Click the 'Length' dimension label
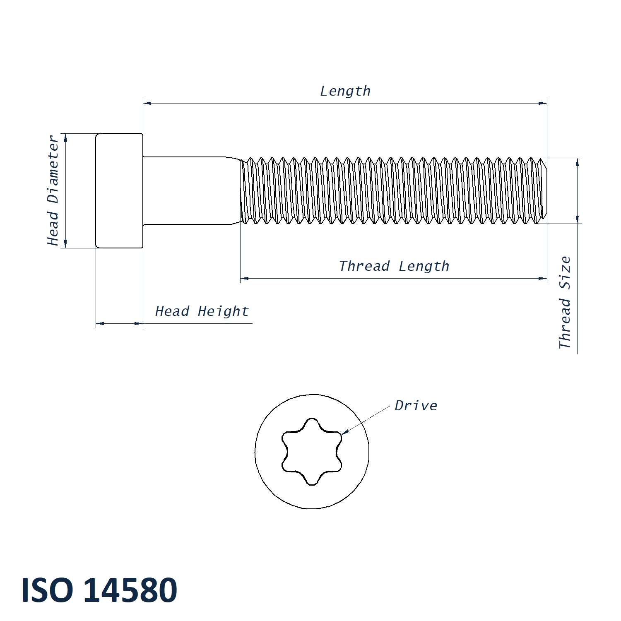(x=345, y=91)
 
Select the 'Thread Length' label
(x=394, y=266)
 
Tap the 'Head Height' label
(x=202, y=311)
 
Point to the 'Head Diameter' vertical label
(x=53, y=190)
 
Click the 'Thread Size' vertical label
(x=565, y=302)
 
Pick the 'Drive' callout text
(x=416, y=406)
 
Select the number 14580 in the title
(x=130, y=590)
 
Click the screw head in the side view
(x=119, y=190)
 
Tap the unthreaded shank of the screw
(x=190, y=190)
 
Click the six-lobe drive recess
(x=312, y=451)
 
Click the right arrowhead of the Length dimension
(x=543, y=103)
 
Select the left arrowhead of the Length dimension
(x=147, y=103)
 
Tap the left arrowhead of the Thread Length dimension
(x=245, y=279)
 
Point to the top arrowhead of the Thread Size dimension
(x=578, y=162)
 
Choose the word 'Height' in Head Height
(x=223, y=311)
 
